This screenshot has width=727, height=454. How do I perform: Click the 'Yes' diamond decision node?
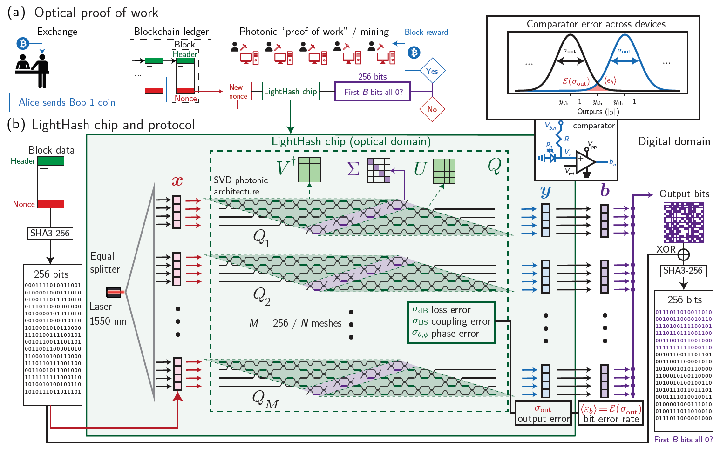432,71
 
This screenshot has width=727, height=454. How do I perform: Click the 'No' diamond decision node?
432,109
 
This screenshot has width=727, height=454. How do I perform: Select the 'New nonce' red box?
238,92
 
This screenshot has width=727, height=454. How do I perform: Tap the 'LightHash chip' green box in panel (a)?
290,92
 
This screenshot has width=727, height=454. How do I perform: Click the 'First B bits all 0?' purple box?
373,92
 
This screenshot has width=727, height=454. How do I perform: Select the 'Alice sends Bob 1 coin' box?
66,102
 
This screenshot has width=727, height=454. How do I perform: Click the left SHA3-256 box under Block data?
50,233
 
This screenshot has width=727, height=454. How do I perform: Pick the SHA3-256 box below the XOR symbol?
683,270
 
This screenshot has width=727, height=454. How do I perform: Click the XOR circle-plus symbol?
683,254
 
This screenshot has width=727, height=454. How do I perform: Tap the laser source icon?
114,292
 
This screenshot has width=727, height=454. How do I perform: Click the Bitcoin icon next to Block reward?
414,52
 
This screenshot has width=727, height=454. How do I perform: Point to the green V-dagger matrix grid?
309,170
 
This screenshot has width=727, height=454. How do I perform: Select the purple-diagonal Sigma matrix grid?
379,170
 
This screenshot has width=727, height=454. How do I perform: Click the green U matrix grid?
444,171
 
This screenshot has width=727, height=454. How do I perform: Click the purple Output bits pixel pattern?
683,222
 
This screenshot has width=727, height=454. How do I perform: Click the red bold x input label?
177,181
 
